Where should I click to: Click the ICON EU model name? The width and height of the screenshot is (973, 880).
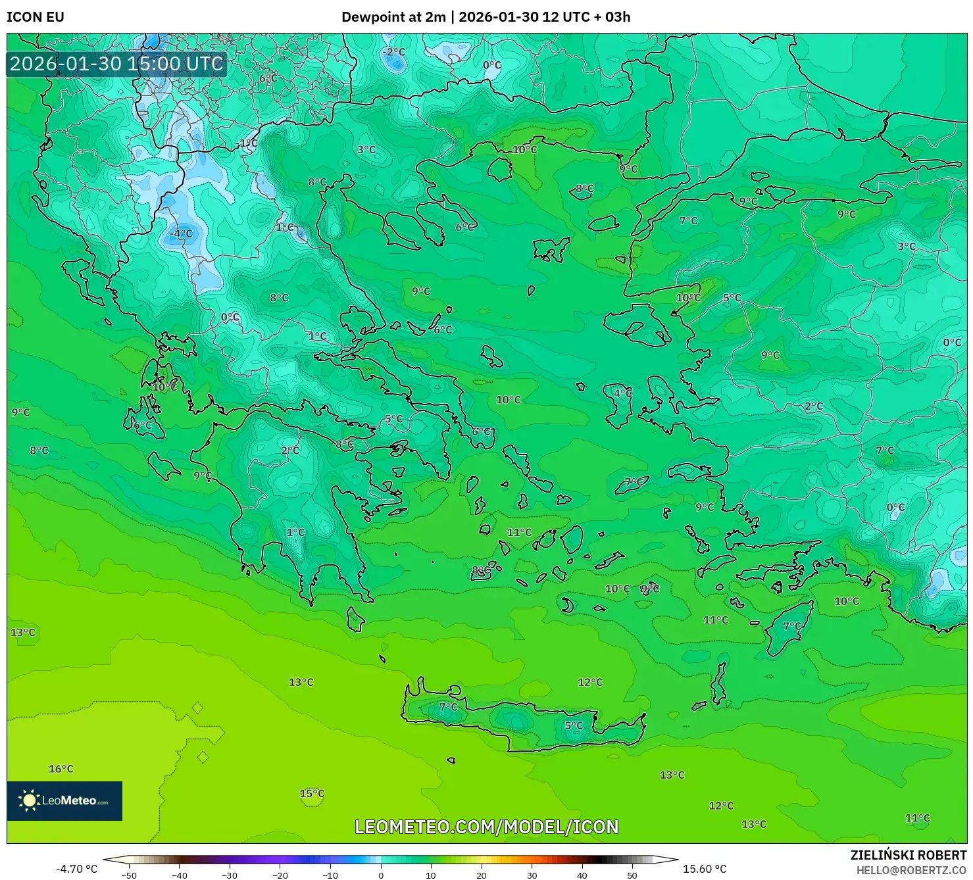pyautogui.click(x=36, y=17)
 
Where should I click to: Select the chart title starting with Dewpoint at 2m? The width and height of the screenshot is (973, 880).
pyautogui.click(x=486, y=17)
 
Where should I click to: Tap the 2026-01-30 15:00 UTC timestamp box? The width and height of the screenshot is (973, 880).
pyautogui.click(x=116, y=64)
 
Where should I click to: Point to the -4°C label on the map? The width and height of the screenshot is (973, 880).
pyautogui.click(x=181, y=233)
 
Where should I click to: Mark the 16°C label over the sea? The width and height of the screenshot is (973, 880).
pyautogui.click(x=61, y=769)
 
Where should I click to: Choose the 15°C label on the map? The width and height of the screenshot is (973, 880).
pyautogui.click(x=312, y=793)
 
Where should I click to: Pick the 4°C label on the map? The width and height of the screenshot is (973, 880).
pyautogui.click(x=622, y=393)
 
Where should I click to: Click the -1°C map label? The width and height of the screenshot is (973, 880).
pyautogui.click(x=247, y=143)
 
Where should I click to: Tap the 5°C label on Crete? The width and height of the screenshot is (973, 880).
pyautogui.click(x=574, y=725)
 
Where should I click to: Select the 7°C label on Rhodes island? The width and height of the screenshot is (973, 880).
pyautogui.click(x=792, y=626)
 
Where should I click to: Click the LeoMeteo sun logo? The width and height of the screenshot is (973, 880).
pyautogui.click(x=29, y=800)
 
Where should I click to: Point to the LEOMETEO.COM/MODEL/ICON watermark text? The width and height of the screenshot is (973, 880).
pyautogui.click(x=486, y=827)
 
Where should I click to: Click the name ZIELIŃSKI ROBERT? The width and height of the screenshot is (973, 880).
pyautogui.click(x=908, y=856)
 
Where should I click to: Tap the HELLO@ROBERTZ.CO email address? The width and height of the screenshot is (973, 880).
pyautogui.click(x=911, y=870)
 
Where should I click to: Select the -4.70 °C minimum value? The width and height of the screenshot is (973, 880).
pyautogui.click(x=76, y=869)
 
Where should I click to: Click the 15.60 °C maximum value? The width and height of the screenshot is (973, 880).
pyautogui.click(x=704, y=869)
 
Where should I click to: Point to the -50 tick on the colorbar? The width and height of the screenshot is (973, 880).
pyautogui.click(x=129, y=875)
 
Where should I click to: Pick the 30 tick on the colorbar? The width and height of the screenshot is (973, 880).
pyautogui.click(x=532, y=875)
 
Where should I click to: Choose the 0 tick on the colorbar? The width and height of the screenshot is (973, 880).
pyautogui.click(x=380, y=875)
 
